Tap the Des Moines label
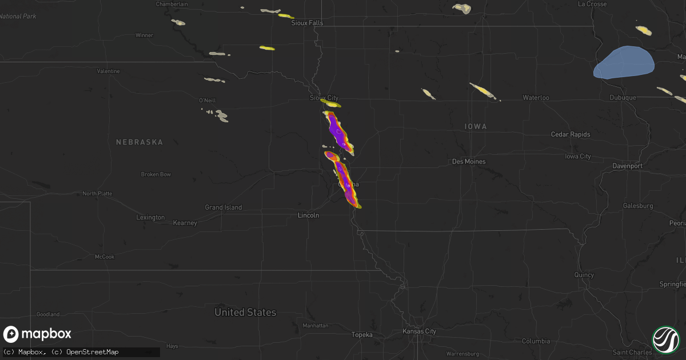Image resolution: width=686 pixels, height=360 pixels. tap(469, 162)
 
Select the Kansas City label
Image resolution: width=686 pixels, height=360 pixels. tap(419, 331)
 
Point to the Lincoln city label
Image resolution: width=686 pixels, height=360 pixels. tap(309, 215)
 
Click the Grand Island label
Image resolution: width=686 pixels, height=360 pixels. tap(224, 207)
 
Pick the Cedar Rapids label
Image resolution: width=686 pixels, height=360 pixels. tap(571, 134)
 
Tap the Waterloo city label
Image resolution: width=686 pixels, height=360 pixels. tap(536, 98)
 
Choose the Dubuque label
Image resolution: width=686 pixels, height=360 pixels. tap(623, 98)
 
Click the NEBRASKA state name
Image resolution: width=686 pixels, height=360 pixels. tap(139, 142)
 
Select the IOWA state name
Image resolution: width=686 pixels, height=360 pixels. tap(476, 126)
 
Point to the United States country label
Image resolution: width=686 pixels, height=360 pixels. tap(245, 313)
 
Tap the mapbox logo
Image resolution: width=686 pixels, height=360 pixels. tap(37, 334)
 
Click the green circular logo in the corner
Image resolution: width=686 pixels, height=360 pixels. tap(665, 339)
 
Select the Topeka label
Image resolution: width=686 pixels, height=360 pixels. tap(362, 335)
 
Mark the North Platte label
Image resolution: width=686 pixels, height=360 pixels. tap(97, 194)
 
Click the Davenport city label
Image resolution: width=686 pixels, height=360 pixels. tap(628, 166)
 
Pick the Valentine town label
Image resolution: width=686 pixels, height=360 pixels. tap(108, 71)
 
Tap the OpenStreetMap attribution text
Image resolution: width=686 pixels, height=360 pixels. tap(92, 352)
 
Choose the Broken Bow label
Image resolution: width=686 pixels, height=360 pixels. tap(156, 174)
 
